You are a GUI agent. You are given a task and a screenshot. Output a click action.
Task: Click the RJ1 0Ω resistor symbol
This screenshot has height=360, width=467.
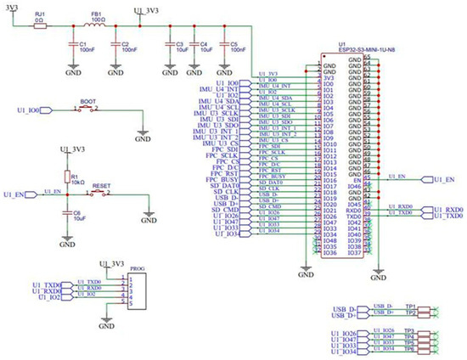[x=39, y=26]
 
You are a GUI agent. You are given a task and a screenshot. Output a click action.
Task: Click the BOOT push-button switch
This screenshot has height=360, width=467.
[x=87, y=110]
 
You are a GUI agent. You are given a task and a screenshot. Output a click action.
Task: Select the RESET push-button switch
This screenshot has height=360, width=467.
[x=100, y=194]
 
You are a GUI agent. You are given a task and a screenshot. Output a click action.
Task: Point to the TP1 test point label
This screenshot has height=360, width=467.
[x=409, y=307]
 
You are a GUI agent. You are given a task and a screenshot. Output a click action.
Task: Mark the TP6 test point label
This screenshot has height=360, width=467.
[x=409, y=349]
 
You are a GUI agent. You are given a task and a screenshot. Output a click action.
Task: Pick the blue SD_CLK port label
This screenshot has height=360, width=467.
[x=226, y=194]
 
